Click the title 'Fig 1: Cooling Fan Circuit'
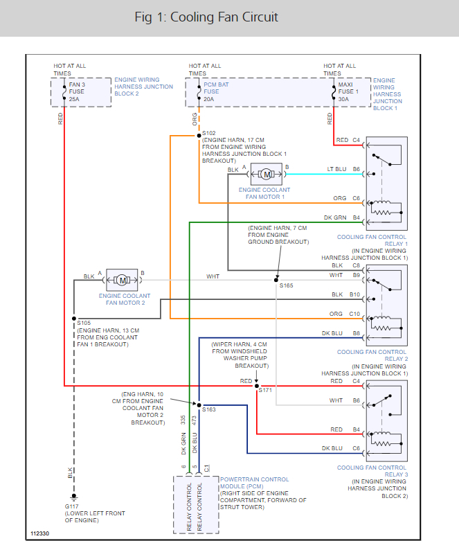coord(206,17)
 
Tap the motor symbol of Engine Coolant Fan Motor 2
coord(122,280)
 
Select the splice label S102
coord(209,132)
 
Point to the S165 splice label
coord(286,285)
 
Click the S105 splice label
coord(84,323)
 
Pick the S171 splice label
coord(265,390)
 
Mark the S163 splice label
coord(208,409)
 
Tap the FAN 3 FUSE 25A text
coord(77,92)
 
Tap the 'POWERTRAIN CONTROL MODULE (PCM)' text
coord(254,483)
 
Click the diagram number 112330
coord(40,535)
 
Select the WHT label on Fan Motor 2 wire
coord(213,276)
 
